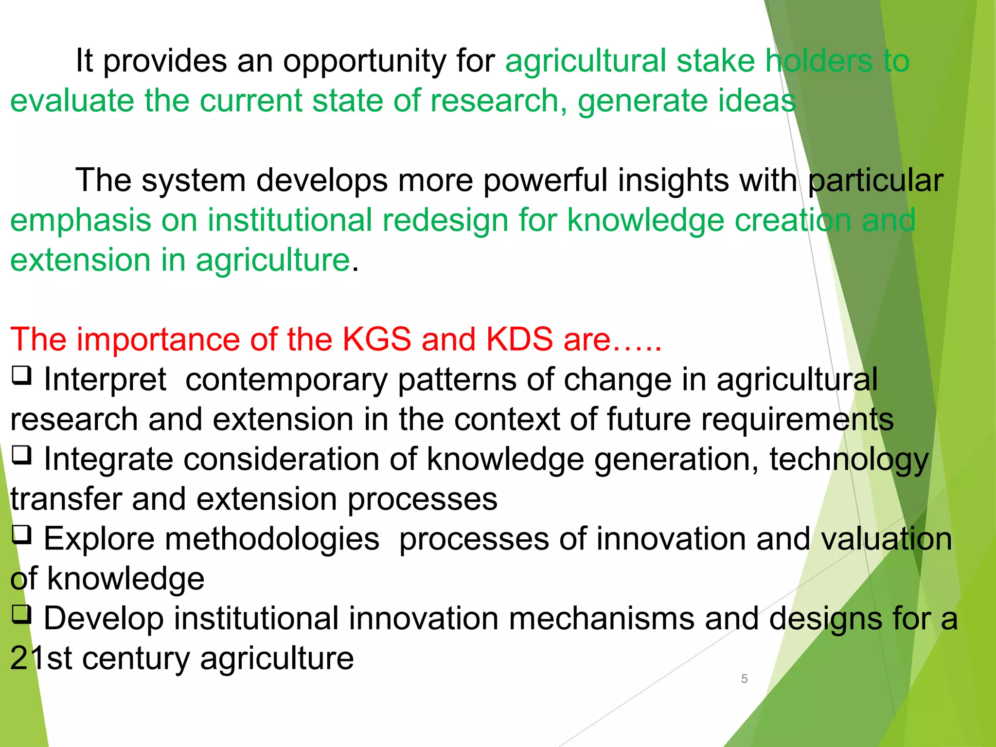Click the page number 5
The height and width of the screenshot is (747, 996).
pos(744,678)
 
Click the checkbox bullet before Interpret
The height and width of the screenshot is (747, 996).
pos(22,376)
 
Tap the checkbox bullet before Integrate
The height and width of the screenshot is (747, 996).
pos(22,456)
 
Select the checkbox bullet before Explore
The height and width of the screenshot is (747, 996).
pos(22,535)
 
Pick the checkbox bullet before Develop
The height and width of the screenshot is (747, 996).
pos(22,615)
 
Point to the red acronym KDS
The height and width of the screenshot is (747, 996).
pos(519,339)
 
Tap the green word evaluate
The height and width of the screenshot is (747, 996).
pos(72,101)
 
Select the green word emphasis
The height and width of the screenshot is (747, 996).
pos(81,220)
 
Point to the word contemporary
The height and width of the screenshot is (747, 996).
pos(286,380)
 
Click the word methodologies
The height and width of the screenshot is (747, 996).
pos(212,539)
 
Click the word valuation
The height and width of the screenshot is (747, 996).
pos(886,539)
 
